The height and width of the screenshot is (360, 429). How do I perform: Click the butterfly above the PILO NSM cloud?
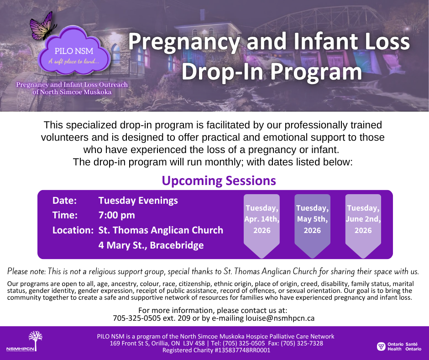coord(42,26)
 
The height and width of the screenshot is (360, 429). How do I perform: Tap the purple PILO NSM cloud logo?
coord(74,52)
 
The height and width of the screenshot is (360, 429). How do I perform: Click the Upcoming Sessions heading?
coord(219,181)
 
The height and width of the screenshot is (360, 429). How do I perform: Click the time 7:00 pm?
coord(116,215)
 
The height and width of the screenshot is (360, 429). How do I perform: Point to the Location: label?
coord(73,230)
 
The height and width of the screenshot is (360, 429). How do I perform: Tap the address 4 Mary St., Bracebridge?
coord(151,245)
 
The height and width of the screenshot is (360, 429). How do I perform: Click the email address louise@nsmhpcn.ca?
coord(280,318)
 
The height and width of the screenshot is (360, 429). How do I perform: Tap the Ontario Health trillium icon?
coord(381,346)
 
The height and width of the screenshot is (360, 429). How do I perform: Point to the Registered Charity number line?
coord(216,350)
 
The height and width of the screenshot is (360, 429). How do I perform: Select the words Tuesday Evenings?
coord(138,201)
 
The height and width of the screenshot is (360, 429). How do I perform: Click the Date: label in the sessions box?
coord(64,201)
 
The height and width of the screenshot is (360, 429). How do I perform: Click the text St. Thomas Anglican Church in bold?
coord(161,230)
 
